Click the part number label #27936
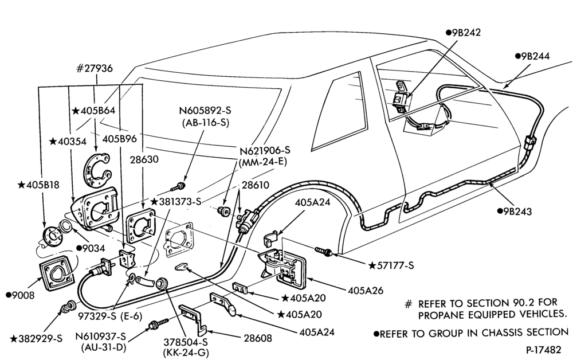click(x=94, y=68)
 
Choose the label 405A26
click(x=366, y=291)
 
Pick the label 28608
click(x=258, y=338)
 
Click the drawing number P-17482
click(x=543, y=350)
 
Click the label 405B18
click(x=38, y=185)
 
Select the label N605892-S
click(x=205, y=111)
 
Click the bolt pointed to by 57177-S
click(x=323, y=251)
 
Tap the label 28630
click(x=144, y=159)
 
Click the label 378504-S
click(x=185, y=342)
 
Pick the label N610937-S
click(x=100, y=336)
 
